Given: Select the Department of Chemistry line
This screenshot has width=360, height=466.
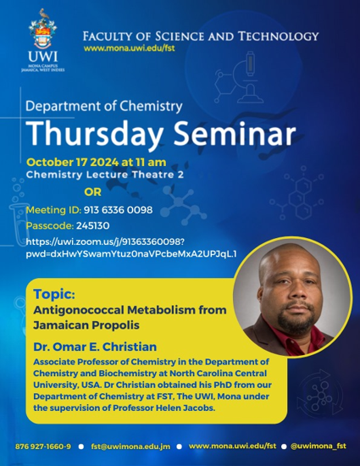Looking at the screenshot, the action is tap(104, 106).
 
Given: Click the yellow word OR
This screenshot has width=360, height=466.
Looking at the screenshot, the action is tap(92, 192).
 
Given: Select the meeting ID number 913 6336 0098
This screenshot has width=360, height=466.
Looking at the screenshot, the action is tap(119, 210).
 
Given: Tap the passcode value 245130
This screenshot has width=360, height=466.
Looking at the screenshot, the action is tap(93, 226).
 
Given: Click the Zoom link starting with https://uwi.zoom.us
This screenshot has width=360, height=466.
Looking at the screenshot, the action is tap(131, 248).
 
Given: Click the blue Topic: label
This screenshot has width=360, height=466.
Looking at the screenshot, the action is tap(54, 294).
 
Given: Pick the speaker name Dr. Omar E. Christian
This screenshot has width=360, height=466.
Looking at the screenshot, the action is tap(95, 347).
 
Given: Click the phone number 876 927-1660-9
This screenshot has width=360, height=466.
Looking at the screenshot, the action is tap(43, 447).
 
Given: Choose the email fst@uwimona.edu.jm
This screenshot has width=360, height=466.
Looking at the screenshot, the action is tap(130, 447).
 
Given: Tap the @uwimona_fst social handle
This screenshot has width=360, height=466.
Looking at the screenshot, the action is tap(318, 446).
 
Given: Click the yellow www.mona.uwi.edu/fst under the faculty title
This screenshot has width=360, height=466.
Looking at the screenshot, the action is tap(130, 48).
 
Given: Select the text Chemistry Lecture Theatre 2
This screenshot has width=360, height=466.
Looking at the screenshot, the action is tap(105, 175).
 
